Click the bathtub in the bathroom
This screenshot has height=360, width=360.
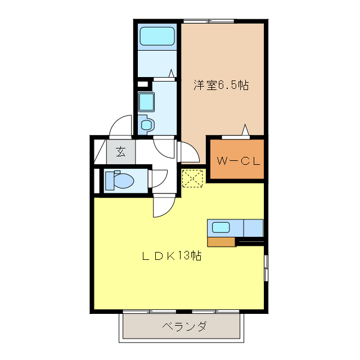coord(158,37)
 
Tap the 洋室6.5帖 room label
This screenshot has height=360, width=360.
coord(222,86)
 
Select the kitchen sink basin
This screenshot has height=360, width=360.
coord(220,228)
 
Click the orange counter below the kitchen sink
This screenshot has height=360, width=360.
coord(221,242)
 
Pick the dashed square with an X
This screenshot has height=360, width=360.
coord(192,179)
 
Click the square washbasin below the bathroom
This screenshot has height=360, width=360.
coord(147,102)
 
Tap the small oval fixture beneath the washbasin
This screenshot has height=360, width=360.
coord(147,124)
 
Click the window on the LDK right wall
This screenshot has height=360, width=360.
coord(265,268)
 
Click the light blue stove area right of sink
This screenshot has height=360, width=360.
coord(253,228)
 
